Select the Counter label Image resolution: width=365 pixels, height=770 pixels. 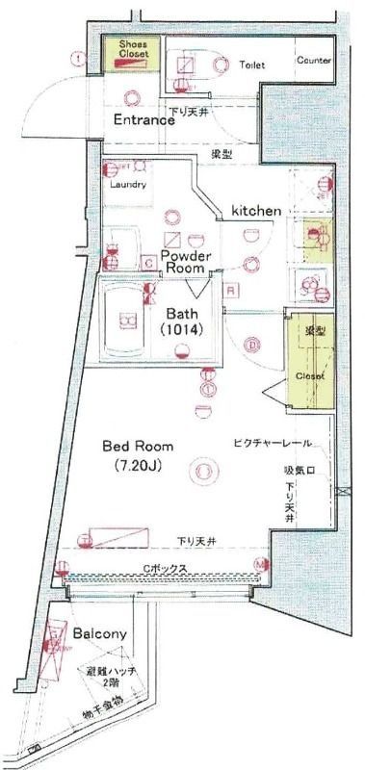313,60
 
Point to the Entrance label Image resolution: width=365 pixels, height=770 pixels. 144,120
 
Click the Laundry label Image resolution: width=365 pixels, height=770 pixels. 129,184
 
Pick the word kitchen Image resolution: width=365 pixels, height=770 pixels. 254,209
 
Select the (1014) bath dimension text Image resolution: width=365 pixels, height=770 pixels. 183,331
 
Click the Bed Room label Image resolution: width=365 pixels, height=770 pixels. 139,447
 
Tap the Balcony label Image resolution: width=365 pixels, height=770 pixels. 100,634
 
